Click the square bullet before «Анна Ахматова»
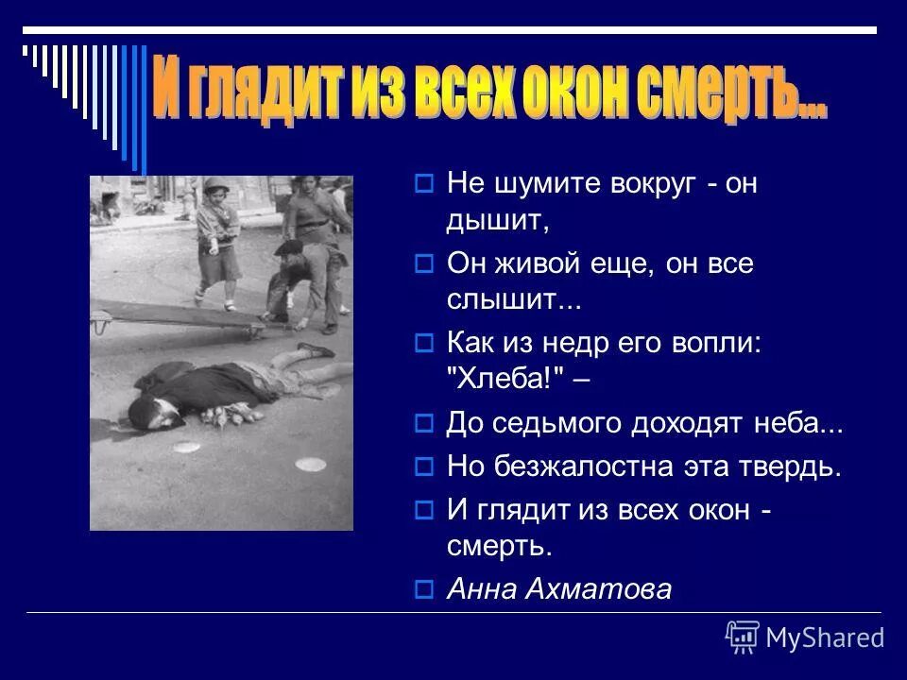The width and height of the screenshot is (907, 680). point(424,590)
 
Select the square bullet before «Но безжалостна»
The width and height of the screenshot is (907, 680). point(424,467)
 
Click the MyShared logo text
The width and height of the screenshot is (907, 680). point(825,637)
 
